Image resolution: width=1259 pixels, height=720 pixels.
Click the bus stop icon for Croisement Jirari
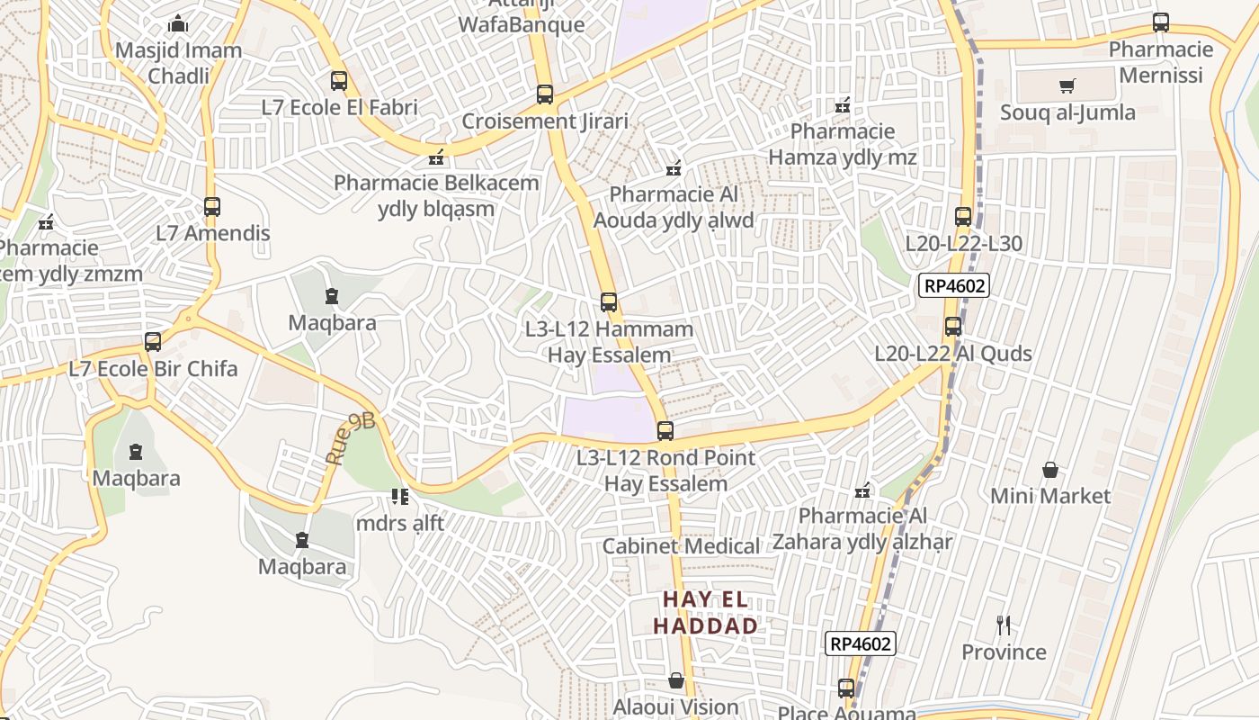(x=544, y=94)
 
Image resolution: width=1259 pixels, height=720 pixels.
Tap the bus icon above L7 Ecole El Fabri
(x=338, y=81)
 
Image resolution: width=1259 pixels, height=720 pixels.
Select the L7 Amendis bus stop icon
(x=212, y=207)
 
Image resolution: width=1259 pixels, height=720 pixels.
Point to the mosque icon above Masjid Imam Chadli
(x=178, y=23)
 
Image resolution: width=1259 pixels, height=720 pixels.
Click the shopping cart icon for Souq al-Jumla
(x=1067, y=86)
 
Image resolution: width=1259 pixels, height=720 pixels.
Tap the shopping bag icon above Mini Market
(x=1049, y=470)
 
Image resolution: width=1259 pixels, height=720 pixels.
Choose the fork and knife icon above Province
(x=1004, y=625)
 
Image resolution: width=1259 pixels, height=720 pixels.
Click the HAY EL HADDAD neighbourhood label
(x=705, y=613)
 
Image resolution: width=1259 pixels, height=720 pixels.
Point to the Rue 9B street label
(x=350, y=439)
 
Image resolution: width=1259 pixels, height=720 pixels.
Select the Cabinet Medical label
(x=681, y=546)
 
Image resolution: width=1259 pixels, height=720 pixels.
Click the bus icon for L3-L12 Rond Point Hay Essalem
(x=665, y=431)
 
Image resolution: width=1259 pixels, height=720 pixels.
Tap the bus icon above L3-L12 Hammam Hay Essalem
(x=609, y=302)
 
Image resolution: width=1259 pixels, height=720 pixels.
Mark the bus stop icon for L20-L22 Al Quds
(x=953, y=327)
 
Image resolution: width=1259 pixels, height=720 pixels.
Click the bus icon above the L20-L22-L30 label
(x=963, y=217)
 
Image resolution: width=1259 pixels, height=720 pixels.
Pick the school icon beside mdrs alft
(x=400, y=497)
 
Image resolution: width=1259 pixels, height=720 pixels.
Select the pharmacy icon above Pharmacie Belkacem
(x=437, y=157)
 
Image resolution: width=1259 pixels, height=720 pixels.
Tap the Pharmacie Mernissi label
(x=1161, y=62)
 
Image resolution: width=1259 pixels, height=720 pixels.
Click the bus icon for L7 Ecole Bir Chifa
(x=153, y=342)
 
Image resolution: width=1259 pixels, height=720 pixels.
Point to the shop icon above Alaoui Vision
(x=676, y=680)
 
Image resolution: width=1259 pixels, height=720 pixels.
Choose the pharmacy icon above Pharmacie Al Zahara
(x=862, y=490)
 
